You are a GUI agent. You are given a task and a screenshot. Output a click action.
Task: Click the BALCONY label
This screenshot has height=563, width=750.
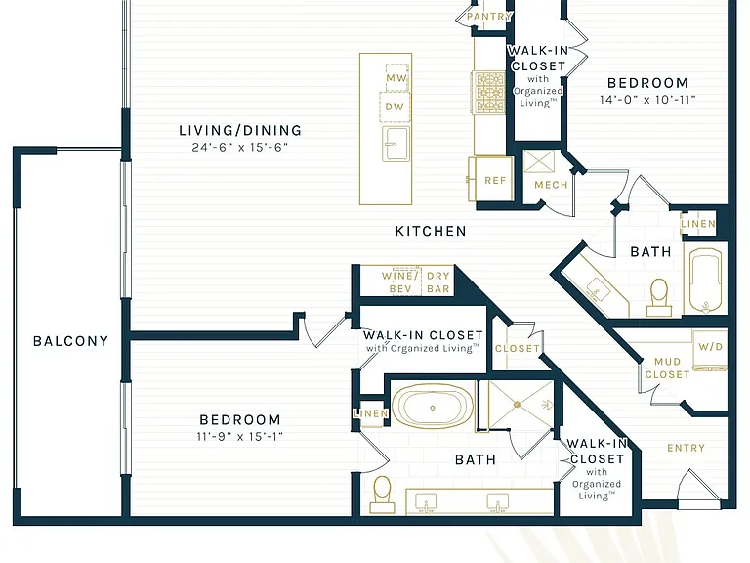(70, 341)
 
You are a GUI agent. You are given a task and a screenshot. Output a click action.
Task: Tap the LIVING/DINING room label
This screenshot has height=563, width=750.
(240, 130)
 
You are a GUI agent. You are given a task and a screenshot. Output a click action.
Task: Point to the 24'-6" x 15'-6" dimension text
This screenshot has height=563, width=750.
(240, 147)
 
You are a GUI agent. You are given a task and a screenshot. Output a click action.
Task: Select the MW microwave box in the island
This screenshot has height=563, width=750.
(397, 77)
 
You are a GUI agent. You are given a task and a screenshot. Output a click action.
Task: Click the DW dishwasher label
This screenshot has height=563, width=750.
(395, 107)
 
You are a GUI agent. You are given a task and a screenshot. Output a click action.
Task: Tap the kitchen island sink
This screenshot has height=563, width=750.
(396, 144)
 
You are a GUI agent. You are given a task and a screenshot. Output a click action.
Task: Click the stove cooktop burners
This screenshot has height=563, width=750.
(488, 93)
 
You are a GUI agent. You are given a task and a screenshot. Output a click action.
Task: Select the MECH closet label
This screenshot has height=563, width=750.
(551, 185)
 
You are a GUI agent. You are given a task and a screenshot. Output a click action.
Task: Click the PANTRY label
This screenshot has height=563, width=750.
(489, 17)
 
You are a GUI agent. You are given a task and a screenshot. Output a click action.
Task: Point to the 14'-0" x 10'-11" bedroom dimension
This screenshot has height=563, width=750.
(647, 100)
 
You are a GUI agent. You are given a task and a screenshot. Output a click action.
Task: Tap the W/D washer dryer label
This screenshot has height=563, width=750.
(710, 347)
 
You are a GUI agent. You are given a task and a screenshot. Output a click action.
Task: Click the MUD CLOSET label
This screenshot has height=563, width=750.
(667, 368)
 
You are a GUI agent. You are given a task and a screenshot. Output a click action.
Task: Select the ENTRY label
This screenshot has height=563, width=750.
(686, 448)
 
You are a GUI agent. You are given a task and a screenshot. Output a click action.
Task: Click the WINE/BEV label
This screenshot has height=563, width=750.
(399, 282)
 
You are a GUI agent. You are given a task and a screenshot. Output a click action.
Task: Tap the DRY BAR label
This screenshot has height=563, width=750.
(438, 282)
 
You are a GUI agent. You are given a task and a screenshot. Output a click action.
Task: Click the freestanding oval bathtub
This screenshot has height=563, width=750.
(433, 407)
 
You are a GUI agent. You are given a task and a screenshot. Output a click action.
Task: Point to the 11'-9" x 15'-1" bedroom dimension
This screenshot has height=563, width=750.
(240, 437)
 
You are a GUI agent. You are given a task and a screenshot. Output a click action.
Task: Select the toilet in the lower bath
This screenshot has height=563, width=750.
(382, 494)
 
